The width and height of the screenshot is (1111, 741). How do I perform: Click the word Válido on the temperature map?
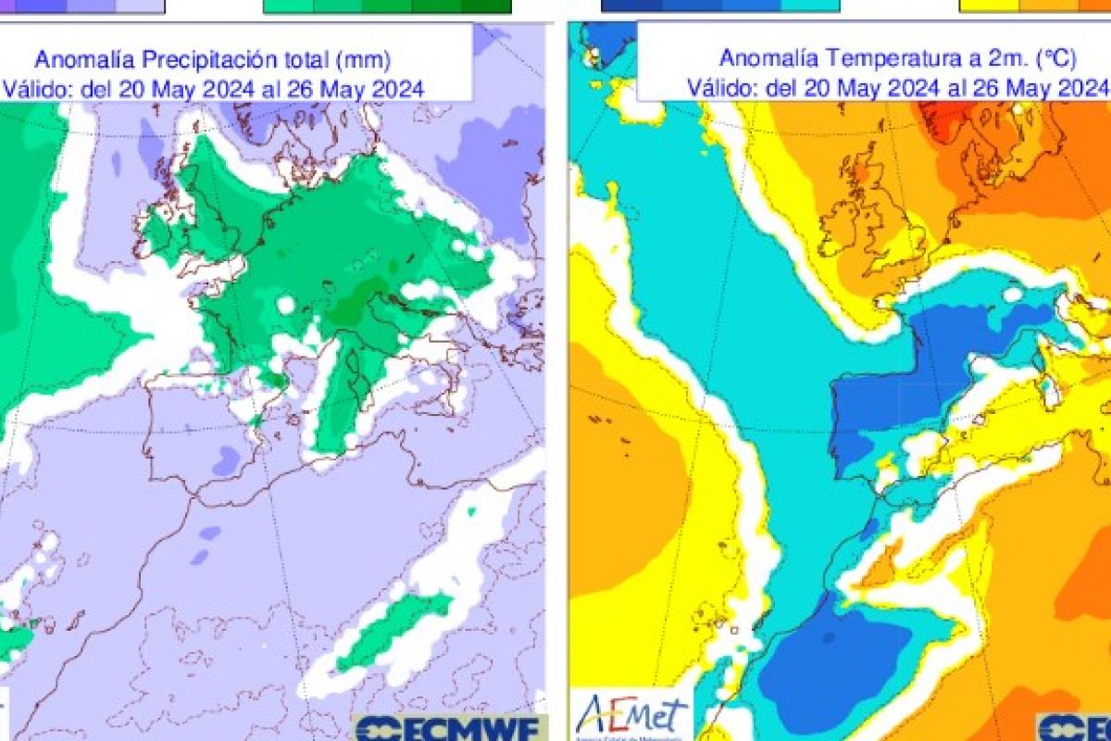pos(718,87)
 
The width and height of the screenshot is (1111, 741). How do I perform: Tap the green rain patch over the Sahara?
pos(393,630)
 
